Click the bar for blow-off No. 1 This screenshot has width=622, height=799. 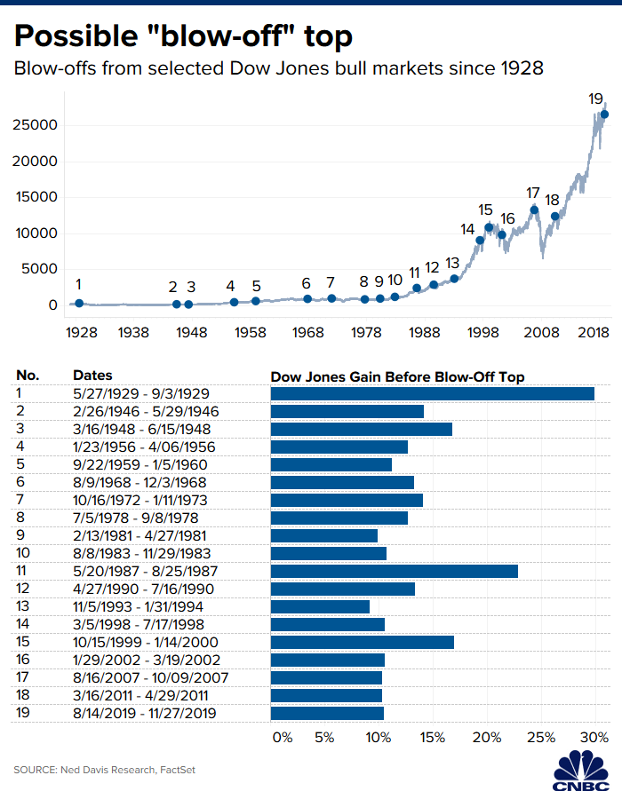click(432, 393)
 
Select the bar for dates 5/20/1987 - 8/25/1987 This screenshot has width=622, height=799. click(394, 571)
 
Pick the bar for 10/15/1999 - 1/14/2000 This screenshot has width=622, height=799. click(362, 642)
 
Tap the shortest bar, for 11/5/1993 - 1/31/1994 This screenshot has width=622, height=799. click(320, 606)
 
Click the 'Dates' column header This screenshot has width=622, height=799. click(92, 376)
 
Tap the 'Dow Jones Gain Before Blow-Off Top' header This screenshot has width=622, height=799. click(397, 376)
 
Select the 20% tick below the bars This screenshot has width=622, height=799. click(487, 737)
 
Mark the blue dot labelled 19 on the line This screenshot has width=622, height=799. click(604, 115)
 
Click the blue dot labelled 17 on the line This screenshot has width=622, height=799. click(534, 210)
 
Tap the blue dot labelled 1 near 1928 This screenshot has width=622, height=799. click(79, 303)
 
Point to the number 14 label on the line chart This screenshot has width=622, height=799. click(467, 229)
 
